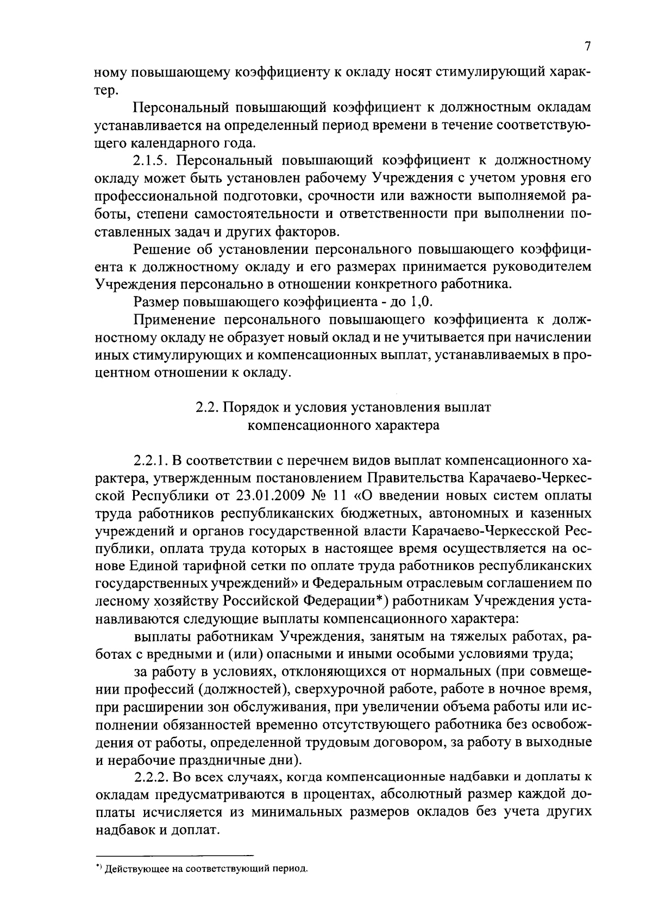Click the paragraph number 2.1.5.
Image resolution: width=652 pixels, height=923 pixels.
coord(151,160)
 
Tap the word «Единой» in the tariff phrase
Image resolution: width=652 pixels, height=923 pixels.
coord(154,565)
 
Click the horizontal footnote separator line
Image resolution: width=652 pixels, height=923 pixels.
coord(174,855)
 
